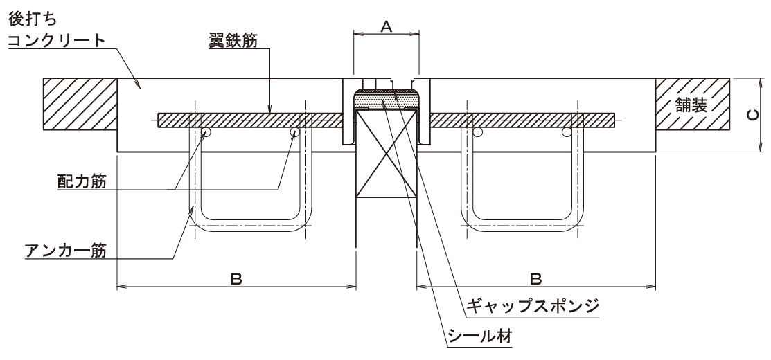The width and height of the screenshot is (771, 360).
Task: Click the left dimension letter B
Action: (236, 279)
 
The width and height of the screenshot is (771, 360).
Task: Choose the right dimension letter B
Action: (535, 279)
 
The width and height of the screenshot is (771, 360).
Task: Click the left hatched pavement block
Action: (80, 103)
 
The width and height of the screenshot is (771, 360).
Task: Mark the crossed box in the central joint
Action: (386, 159)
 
